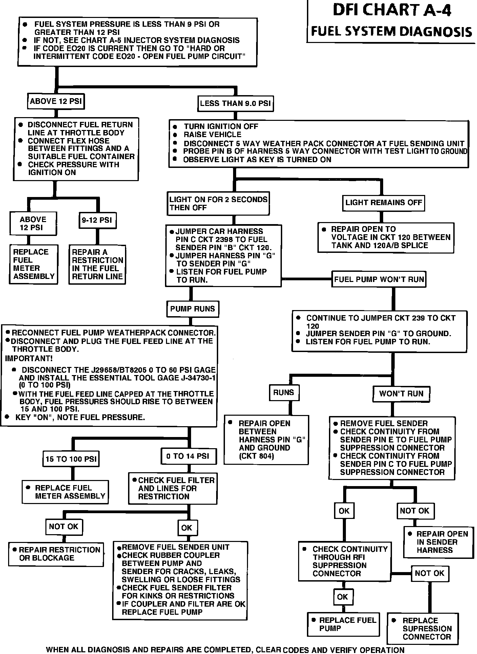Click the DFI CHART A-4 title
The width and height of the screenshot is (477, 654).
[392, 10]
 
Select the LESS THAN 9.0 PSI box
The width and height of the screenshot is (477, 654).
[235, 103]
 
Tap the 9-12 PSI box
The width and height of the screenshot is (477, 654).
[97, 220]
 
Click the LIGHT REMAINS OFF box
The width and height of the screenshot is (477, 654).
[383, 203]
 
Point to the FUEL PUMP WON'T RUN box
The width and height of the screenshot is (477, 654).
[379, 279]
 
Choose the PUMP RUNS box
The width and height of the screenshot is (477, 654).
[192, 309]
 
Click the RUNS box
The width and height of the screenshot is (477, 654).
[284, 393]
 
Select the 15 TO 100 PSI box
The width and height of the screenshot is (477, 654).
[71, 459]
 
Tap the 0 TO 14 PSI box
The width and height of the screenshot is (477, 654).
[188, 456]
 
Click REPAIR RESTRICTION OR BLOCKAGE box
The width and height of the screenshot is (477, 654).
[56, 554]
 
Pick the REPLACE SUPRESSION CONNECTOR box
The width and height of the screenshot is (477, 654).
[422, 629]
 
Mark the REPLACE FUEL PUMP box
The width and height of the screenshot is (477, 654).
[344, 624]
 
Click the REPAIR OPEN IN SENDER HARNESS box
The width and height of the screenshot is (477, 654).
[438, 542]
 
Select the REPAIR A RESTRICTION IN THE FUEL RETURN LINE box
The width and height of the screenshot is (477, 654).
[97, 264]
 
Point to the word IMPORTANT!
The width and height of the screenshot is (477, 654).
[29, 358]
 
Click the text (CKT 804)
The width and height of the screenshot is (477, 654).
[256, 456]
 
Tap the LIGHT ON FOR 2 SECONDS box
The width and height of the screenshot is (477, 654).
[218, 203]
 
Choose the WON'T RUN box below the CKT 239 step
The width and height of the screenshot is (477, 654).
[401, 394]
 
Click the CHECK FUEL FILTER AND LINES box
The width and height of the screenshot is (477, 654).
[173, 488]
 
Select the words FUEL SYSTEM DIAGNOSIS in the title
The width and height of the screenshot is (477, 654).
[391, 31]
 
